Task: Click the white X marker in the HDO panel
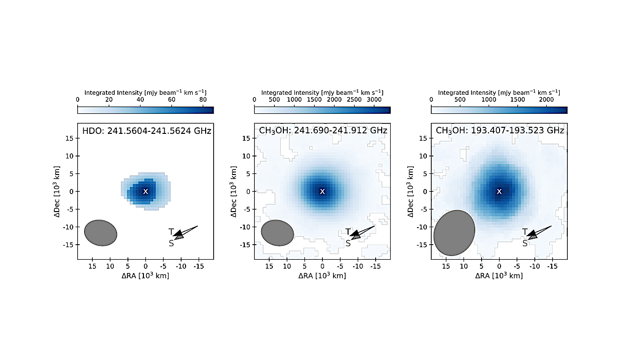point(145,191)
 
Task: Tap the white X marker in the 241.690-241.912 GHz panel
point(323,191)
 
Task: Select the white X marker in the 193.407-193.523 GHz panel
point(499,191)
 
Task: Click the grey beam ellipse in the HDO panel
point(100,233)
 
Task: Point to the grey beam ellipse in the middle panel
point(277,233)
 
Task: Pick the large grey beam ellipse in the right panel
point(454,233)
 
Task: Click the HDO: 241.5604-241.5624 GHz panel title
point(146,131)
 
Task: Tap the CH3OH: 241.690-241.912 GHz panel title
point(324,131)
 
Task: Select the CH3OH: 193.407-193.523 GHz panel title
point(500,131)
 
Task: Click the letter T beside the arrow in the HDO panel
point(171,232)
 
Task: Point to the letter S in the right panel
point(525,243)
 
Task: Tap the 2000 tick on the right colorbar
point(547,100)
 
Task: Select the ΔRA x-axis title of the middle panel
point(323,276)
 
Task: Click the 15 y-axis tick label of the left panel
point(71,138)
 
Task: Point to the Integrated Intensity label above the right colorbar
point(499,92)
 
